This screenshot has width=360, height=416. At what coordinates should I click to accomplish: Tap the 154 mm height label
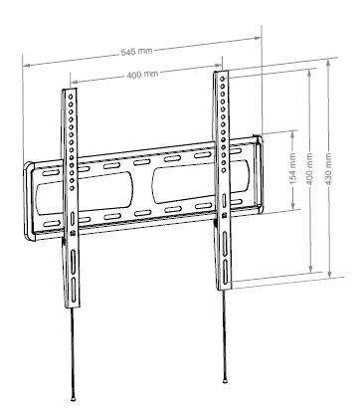(292, 170)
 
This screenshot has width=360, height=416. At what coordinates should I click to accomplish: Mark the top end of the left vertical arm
(70, 91)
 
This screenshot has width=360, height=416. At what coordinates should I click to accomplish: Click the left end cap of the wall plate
(30, 199)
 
